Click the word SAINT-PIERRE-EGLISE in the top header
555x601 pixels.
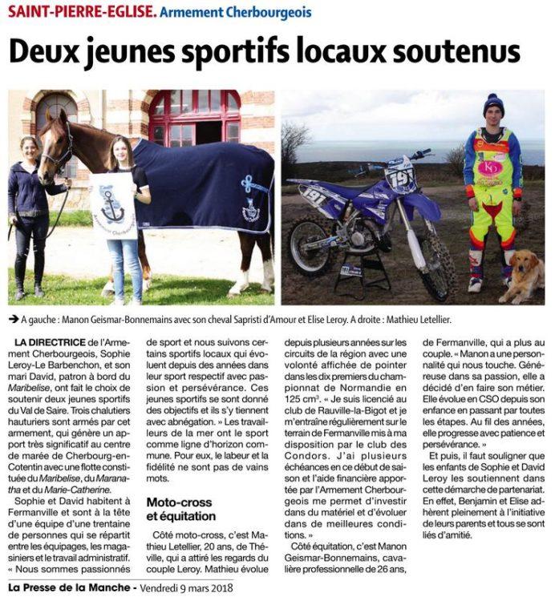click(x=78, y=13)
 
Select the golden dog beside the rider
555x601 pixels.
click(x=523, y=274)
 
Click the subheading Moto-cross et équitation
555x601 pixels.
click(x=180, y=509)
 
